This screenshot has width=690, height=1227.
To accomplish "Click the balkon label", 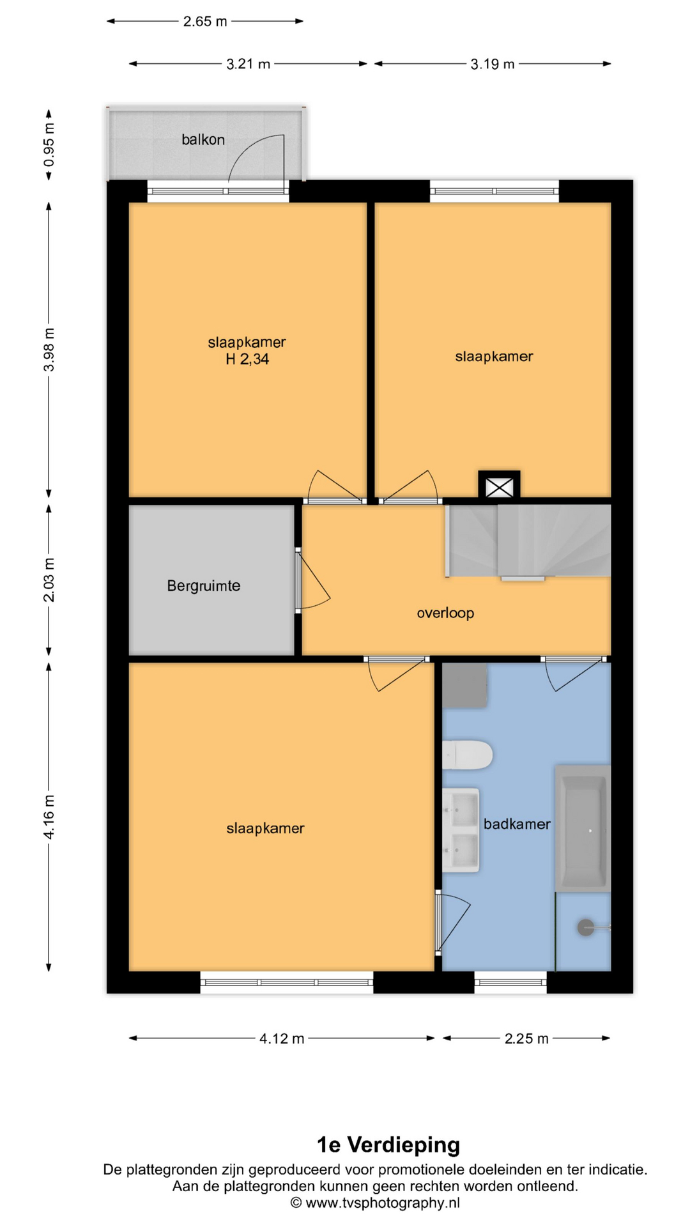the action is pyautogui.click(x=203, y=139).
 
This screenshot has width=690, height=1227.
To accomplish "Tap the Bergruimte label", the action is pyautogui.click(x=204, y=586).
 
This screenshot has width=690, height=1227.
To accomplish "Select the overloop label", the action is pyautogui.click(x=445, y=613).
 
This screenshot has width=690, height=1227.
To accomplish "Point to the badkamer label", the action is pyautogui.click(x=517, y=824).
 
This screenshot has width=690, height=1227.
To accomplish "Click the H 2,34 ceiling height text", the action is pyautogui.click(x=247, y=359).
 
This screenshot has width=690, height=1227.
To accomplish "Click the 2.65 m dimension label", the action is pyautogui.click(x=205, y=21).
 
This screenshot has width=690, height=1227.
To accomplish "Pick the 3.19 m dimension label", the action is pyautogui.click(x=493, y=64).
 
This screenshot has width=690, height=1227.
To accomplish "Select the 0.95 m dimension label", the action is pyautogui.click(x=49, y=144).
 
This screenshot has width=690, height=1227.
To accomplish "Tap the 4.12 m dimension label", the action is pyautogui.click(x=282, y=1038).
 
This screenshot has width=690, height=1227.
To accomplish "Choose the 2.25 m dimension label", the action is pyautogui.click(x=526, y=1038).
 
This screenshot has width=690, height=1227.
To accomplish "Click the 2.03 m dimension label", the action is pyautogui.click(x=49, y=580).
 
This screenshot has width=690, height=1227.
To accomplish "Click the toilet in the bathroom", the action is pyautogui.click(x=467, y=755).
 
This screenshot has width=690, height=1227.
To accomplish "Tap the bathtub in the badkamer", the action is pyautogui.click(x=583, y=828).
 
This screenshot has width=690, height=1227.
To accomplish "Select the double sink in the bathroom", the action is pyautogui.click(x=461, y=830).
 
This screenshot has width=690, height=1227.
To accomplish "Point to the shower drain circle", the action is pyautogui.click(x=586, y=927).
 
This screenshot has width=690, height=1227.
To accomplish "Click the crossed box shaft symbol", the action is pyautogui.click(x=499, y=487).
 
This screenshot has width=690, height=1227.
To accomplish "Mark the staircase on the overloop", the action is pyautogui.click(x=528, y=541).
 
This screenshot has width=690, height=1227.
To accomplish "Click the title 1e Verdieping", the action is pyautogui.click(x=388, y=1145).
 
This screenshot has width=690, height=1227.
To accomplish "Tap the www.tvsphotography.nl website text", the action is pyautogui.click(x=383, y=1203).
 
